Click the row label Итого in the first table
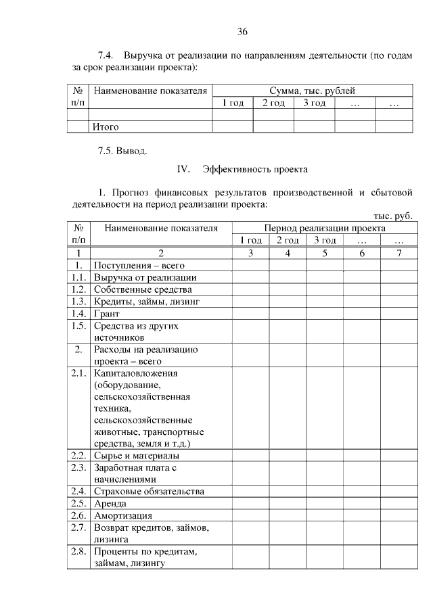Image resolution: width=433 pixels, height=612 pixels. pos(106,126)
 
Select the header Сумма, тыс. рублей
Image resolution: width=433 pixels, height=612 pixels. pos(312,91)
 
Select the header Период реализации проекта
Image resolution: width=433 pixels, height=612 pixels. pos(321,229)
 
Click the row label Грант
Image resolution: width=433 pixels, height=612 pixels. pos(107,314)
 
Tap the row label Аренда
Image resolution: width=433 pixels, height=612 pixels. pos(110,503)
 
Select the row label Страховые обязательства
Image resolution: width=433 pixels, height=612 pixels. pos(149,491)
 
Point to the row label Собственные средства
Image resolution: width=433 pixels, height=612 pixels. pos(138,289)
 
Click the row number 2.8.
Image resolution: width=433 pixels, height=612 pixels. pos(78,551)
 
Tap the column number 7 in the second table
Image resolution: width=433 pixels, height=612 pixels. pos(398,253)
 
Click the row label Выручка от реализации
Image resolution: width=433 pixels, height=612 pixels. pos(145,277)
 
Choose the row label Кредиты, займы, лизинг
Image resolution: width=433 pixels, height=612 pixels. pos(147,302)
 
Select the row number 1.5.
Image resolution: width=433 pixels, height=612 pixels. pos(78,325)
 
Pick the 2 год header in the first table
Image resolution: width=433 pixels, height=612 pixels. pos(273,103)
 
